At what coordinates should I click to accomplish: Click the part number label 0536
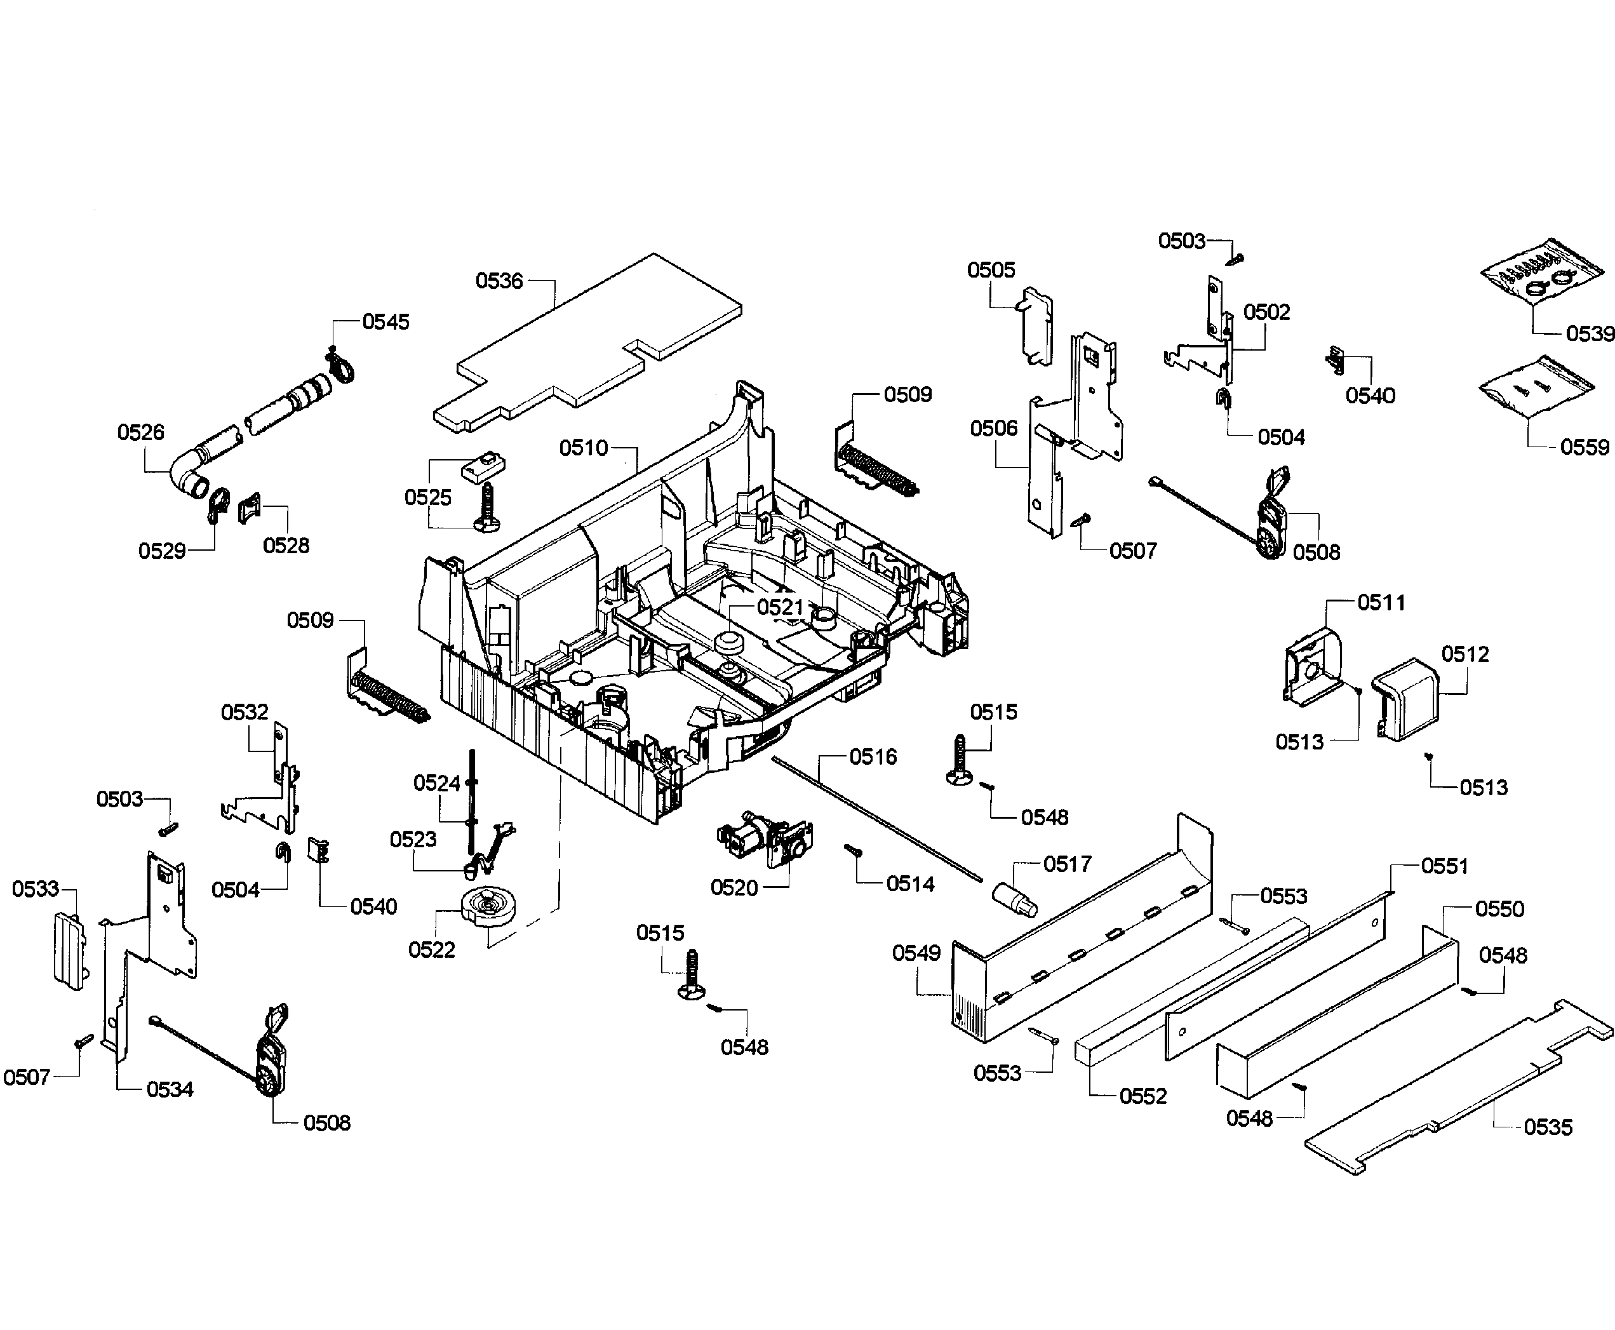(x=499, y=281)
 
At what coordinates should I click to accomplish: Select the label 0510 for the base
(x=583, y=448)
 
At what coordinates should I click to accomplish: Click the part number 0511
(x=1381, y=603)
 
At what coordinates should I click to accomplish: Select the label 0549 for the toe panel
(x=916, y=953)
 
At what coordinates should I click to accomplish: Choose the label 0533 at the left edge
(x=35, y=889)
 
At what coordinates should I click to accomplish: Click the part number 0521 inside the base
(x=779, y=608)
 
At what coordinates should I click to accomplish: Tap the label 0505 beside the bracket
(x=991, y=270)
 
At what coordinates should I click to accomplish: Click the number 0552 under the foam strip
(x=1143, y=1096)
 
